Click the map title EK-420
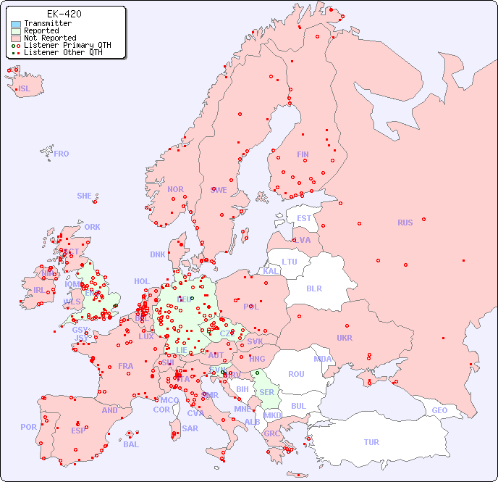tap(64, 14)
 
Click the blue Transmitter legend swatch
tap(16, 23)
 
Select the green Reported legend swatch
tap(16, 30)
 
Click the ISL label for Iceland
tap(25, 89)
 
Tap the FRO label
tap(62, 154)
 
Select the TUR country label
tap(371, 442)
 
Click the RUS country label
tap(405, 223)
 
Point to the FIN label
tap(303, 154)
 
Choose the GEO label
tap(439, 410)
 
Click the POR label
tap(28, 427)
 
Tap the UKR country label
tap(345, 338)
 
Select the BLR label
tap(313, 288)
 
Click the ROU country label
tap(296, 374)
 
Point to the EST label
tap(304, 218)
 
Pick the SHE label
tap(85, 196)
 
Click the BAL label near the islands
tap(131, 444)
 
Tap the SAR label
tap(190, 428)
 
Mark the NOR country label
tap(175, 189)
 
